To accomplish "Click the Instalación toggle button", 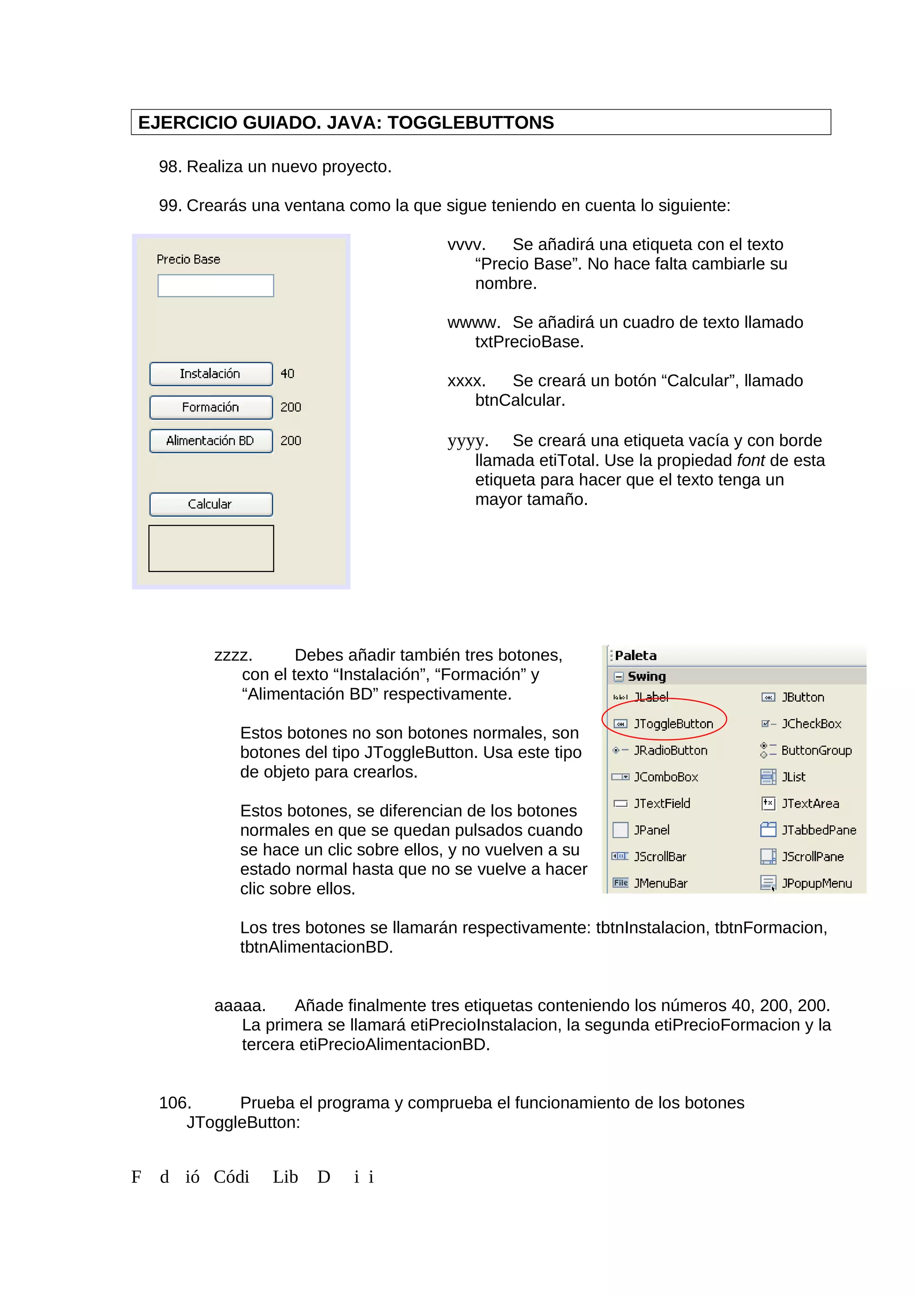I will pos(211,374).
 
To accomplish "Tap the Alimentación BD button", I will pos(211,441).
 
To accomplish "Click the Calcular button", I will pos(211,504).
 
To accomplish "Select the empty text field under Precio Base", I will pos(216,286).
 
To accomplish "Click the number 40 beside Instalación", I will pos(287,374).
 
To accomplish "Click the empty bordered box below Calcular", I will pos(211,548).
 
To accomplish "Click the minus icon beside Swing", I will pos(619,676).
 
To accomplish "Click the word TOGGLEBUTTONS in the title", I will pos(470,123).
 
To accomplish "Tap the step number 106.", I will pos(175,1102).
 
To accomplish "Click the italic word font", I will pos(751,460).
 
